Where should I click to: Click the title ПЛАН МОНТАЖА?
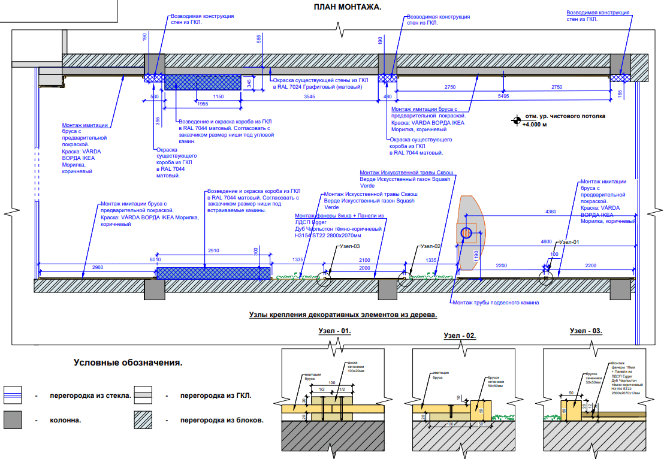(x=347, y=7)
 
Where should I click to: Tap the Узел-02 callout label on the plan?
(x=430, y=246)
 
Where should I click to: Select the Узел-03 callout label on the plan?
(x=349, y=246)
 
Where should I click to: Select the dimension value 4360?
(x=550, y=212)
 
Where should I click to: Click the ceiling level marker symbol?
(x=515, y=120)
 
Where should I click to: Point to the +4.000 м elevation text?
(x=535, y=125)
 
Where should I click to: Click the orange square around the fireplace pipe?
(x=466, y=232)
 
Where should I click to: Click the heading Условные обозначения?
(x=128, y=363)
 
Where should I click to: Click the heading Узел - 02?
(x=460, y=336)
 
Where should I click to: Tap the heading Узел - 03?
(x=586, y=331)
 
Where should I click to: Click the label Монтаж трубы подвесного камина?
(x=496, y=303)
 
